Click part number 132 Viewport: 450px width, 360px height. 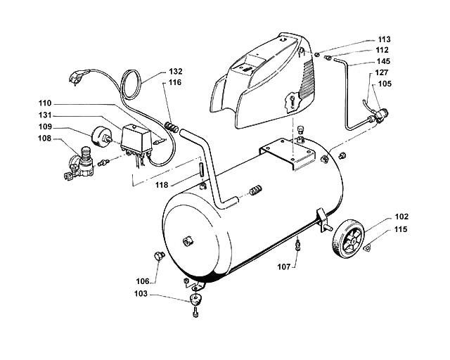[x=176, y=72]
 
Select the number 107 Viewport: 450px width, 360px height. [x=283, y=267]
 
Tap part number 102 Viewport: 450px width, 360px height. [x=401, y=217]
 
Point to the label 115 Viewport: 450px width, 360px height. [x=401, y=229]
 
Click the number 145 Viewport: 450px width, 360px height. [x=383, y=61]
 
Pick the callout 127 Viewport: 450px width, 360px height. [x=383, y=72]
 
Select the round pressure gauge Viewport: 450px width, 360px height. [x=103, y=134]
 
